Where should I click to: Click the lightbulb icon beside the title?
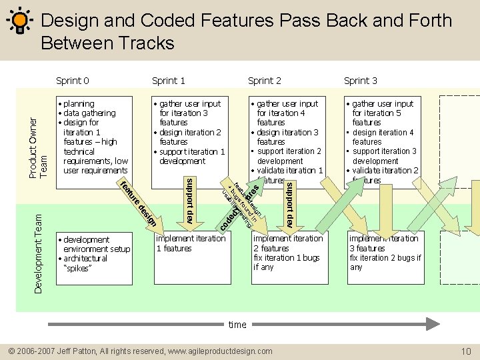pos(20,21)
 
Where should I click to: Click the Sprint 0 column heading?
pos(73,81)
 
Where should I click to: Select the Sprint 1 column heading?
pos(169,81)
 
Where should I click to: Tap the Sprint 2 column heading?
pos(265,81)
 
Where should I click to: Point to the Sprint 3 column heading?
pos(361,81)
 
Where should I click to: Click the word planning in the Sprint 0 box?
pos(79,104)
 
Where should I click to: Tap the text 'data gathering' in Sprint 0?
pos(89,113)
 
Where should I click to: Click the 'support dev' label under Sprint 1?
pos(190,201)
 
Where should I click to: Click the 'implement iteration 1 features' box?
pos(191,243)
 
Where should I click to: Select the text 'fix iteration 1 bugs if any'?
pos(286,262)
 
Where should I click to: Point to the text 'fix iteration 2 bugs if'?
pos(385,258)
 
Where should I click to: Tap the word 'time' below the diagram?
pos(237,325)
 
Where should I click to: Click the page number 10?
pos(466,351)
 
